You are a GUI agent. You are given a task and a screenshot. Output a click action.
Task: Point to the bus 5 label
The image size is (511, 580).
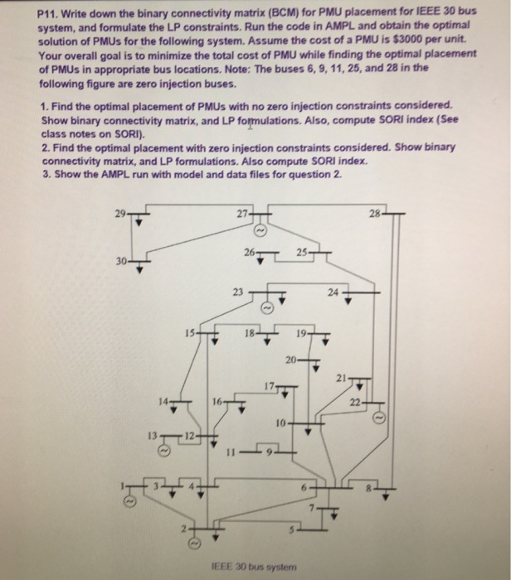[x=291, y=528]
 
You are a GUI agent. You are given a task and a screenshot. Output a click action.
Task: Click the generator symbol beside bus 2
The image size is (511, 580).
[x=192, y=544]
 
